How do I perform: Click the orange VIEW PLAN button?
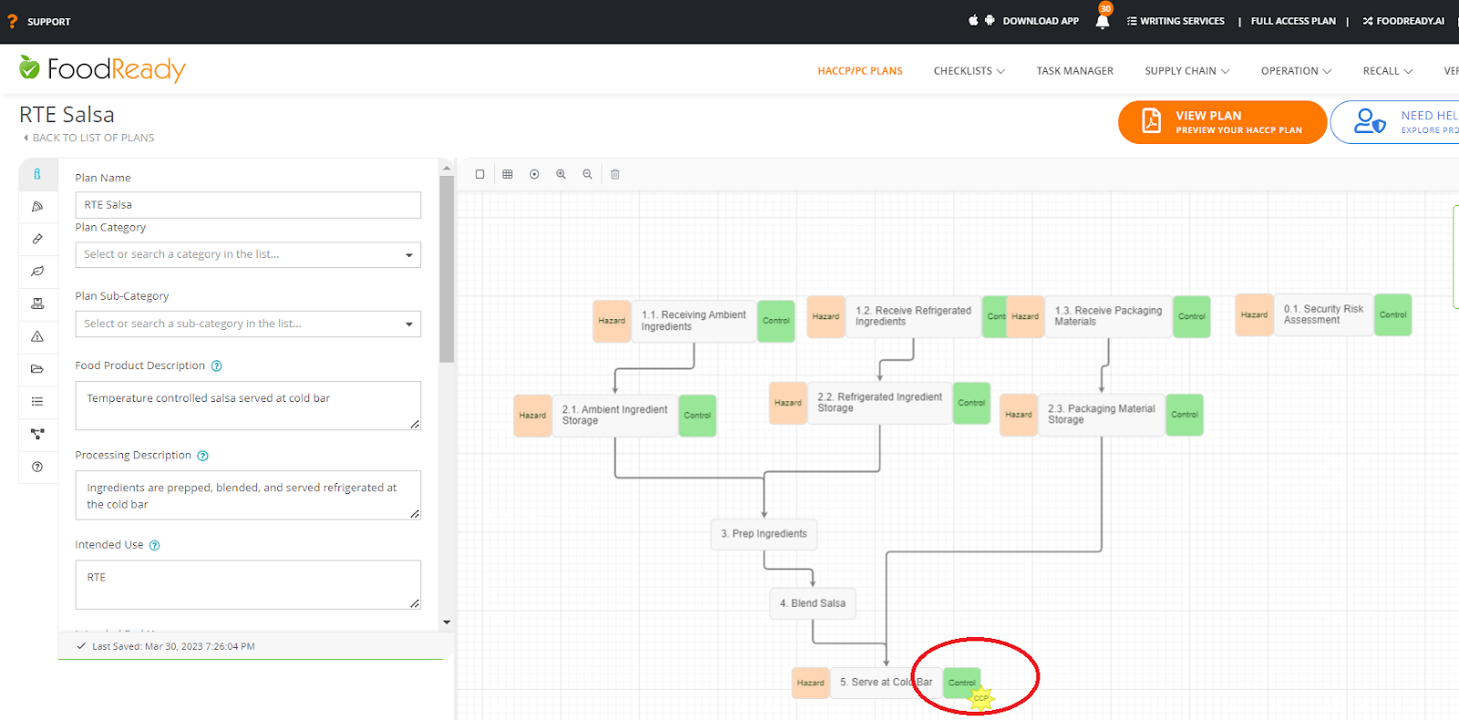[x=1222, y=122]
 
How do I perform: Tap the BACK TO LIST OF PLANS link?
[x=93, y=138]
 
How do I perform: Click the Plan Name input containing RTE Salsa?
[x=247, y=205]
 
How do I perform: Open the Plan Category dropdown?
[x=247, y=254]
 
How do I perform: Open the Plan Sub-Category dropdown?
[x=247, y=324]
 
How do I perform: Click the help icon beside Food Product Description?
[x=217, y=366]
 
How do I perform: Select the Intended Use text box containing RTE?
[x=247, y=584]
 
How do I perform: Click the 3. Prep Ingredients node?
[x=763, y=534]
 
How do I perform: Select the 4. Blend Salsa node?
[x=812, y=603]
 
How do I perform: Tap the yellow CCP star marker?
[x=980, y=698]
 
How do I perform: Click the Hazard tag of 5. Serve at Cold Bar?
[x=810, y=683]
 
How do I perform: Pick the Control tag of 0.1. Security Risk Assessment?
[x=1392, y=314]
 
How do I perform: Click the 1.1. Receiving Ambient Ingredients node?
[x=693, y=321]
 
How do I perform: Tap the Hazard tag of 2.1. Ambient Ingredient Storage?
[x=533, y=416]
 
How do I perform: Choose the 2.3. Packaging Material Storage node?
[x=1101, y=415]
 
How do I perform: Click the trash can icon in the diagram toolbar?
[x=616, y=174]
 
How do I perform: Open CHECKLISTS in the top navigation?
[x=968, y=71]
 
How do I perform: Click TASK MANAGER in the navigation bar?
[x=1074, y=71]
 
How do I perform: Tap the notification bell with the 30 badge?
[x=1102, y=21]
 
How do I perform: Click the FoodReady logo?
[x=103, y=69]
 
